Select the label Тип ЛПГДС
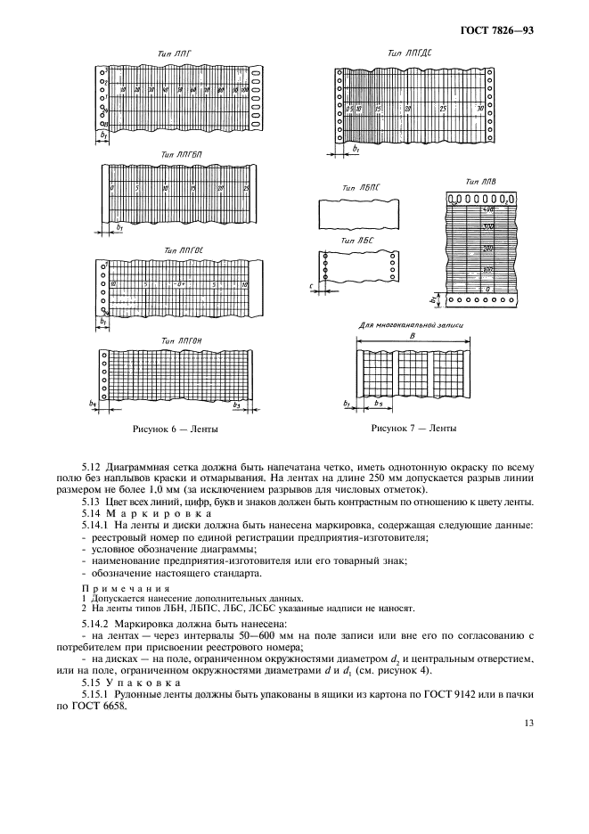tap(405, 54)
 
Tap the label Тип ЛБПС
tap(361, 189)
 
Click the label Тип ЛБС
tap(357, 241)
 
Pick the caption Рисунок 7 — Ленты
tap(413, 429)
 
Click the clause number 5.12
tap(92, 466)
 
